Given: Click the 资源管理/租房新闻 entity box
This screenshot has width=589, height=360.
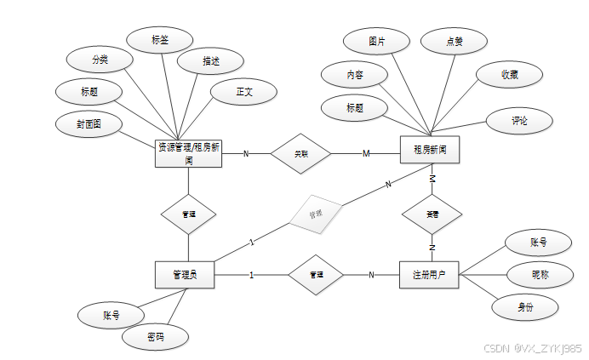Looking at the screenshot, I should (189, 153).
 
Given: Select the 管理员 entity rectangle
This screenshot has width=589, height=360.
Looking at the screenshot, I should (185, 275).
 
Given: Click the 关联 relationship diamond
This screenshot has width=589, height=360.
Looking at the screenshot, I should (300, 153).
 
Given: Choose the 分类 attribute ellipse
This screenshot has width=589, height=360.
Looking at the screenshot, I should (100, 60).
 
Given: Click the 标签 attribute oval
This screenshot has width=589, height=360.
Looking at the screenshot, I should (159, 39).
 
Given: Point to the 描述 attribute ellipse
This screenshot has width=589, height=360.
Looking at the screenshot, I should (211, 61).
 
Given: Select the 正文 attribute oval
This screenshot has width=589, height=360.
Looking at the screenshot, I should (244, 91).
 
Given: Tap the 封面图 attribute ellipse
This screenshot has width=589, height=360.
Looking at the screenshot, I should (89, 123).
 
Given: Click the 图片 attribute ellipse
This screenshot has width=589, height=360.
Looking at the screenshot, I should (376, 41).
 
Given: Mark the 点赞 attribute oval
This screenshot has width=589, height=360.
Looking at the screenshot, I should (454, 41).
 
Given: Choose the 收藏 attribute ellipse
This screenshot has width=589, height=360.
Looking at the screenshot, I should (509, 75).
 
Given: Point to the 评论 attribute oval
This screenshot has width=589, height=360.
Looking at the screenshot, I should (519, 122).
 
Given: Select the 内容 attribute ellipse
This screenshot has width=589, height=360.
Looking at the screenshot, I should (355, 75).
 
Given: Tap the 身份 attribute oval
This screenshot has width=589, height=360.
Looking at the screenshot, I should (525, 306).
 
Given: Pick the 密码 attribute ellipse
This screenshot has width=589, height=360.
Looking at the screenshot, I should (155, 338).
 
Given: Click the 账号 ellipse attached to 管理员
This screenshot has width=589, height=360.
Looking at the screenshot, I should (111, 315).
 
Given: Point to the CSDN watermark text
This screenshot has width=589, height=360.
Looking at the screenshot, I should (532, 348).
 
